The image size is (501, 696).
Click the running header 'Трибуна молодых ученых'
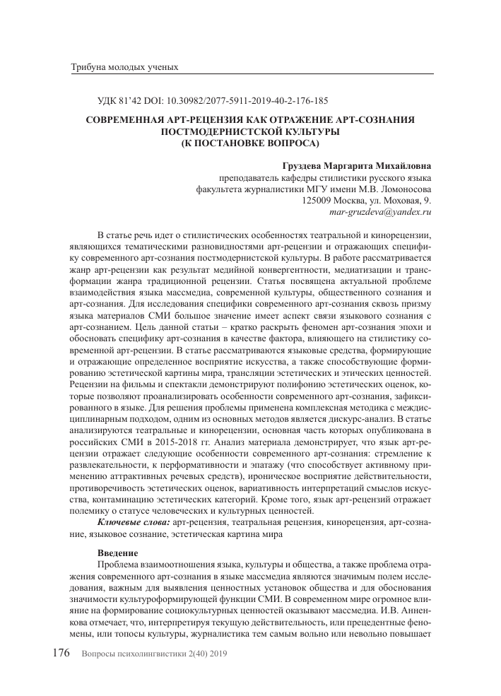[124, 68]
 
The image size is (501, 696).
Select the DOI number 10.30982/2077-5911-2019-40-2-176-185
[244, 101]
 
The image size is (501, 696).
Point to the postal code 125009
[317, 200]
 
